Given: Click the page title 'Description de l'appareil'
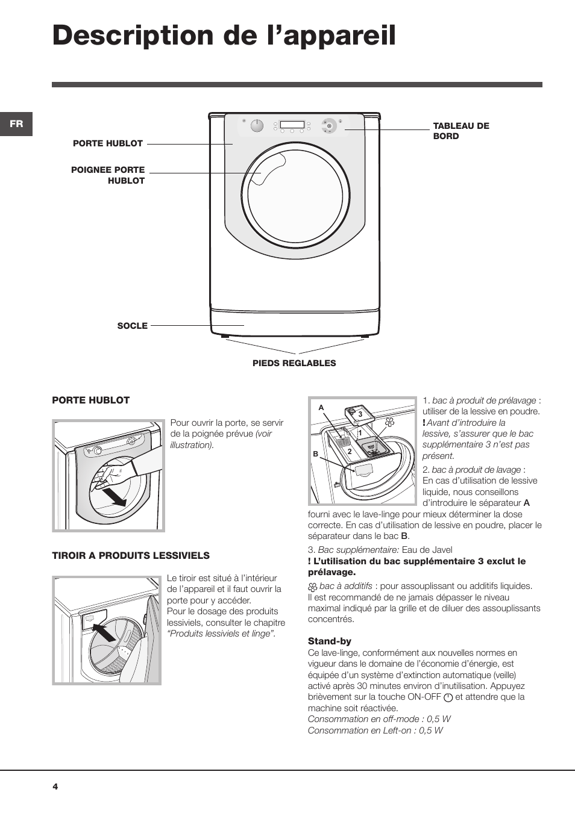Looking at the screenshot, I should (224, 36).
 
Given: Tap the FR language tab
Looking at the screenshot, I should (16, 124).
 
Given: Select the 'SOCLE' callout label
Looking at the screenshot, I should (132, 326).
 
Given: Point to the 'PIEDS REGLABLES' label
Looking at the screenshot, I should (294, 363).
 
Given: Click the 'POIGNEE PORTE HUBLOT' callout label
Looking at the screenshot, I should (108, 175).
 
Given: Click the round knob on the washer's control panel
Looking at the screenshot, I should (257, 125).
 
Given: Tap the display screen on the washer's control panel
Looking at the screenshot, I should (292, 125).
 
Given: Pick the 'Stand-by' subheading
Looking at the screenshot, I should (329, 641).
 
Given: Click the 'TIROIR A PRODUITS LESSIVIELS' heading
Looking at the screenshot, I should (131, 555).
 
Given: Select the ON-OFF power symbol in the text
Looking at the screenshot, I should (448, 697).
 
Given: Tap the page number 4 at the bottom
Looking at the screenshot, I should (55, 787).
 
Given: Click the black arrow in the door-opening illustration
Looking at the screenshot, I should (115, 497).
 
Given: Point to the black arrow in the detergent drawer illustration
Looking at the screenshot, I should (105, 634).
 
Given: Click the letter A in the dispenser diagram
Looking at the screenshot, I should (321, 408).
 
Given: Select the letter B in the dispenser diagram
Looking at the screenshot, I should (315, 454).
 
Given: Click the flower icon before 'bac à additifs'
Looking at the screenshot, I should (313, 587).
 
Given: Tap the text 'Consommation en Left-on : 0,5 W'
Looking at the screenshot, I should (375, 730).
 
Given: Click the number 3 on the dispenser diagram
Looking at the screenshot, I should (360, 414).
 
